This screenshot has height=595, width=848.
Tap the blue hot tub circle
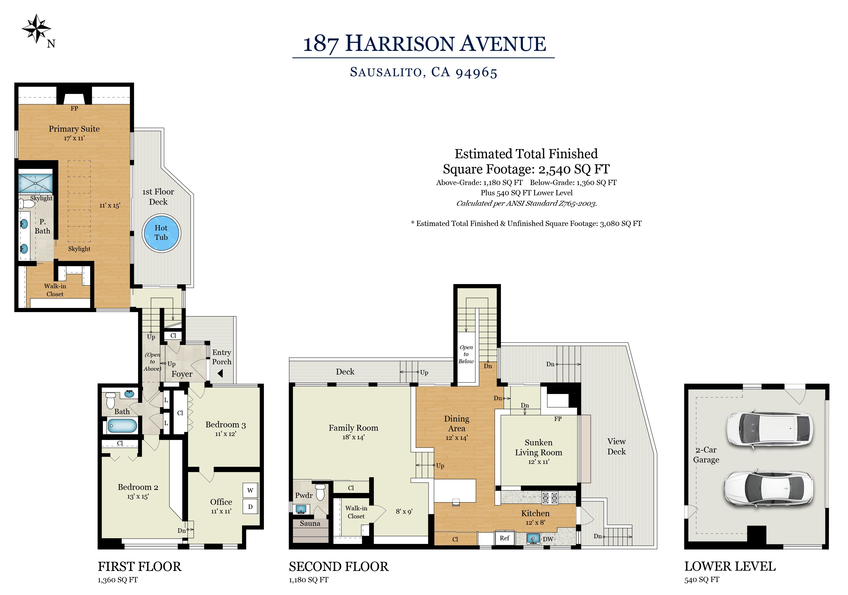(161, 233)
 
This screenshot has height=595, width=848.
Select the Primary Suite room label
(74, 129)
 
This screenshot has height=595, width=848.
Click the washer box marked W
(250, 490)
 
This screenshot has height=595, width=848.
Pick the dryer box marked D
(250, 507)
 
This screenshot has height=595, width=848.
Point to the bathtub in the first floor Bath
(123, 426)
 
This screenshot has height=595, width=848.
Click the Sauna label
(310, 523)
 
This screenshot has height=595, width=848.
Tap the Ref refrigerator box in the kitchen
(505, 538)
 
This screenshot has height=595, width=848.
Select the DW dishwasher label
(548, 539)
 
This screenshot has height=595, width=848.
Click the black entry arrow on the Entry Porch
(220, 374)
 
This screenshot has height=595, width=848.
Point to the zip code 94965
(476, 72)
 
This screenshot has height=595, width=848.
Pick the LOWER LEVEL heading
(730, 566)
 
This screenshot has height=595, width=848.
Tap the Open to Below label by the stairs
(466, 354)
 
